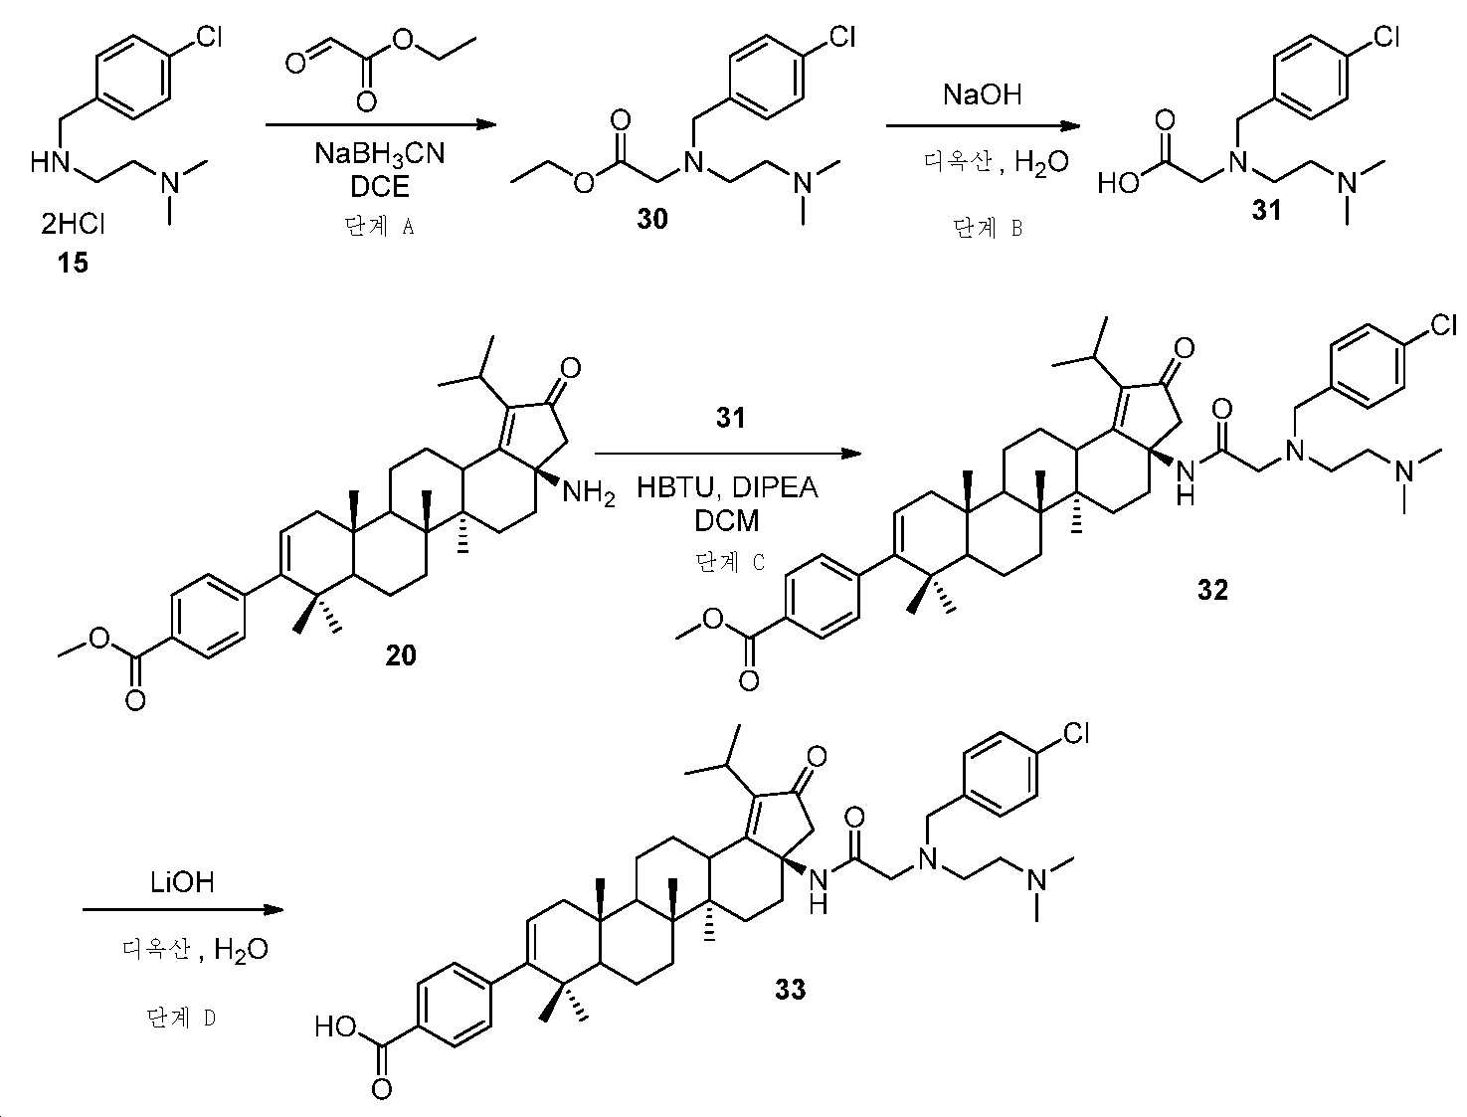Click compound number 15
73,263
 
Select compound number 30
651,219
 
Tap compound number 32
1212,590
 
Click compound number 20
401,655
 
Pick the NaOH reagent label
982,94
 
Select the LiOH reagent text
182,882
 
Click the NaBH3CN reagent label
380,155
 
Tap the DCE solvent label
380,187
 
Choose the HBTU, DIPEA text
727,488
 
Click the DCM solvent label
727,521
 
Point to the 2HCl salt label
73,224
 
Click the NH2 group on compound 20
588,494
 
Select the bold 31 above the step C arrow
730,419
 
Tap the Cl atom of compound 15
208,37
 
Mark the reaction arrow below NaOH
983,125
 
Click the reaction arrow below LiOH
183,909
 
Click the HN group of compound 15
51,162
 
